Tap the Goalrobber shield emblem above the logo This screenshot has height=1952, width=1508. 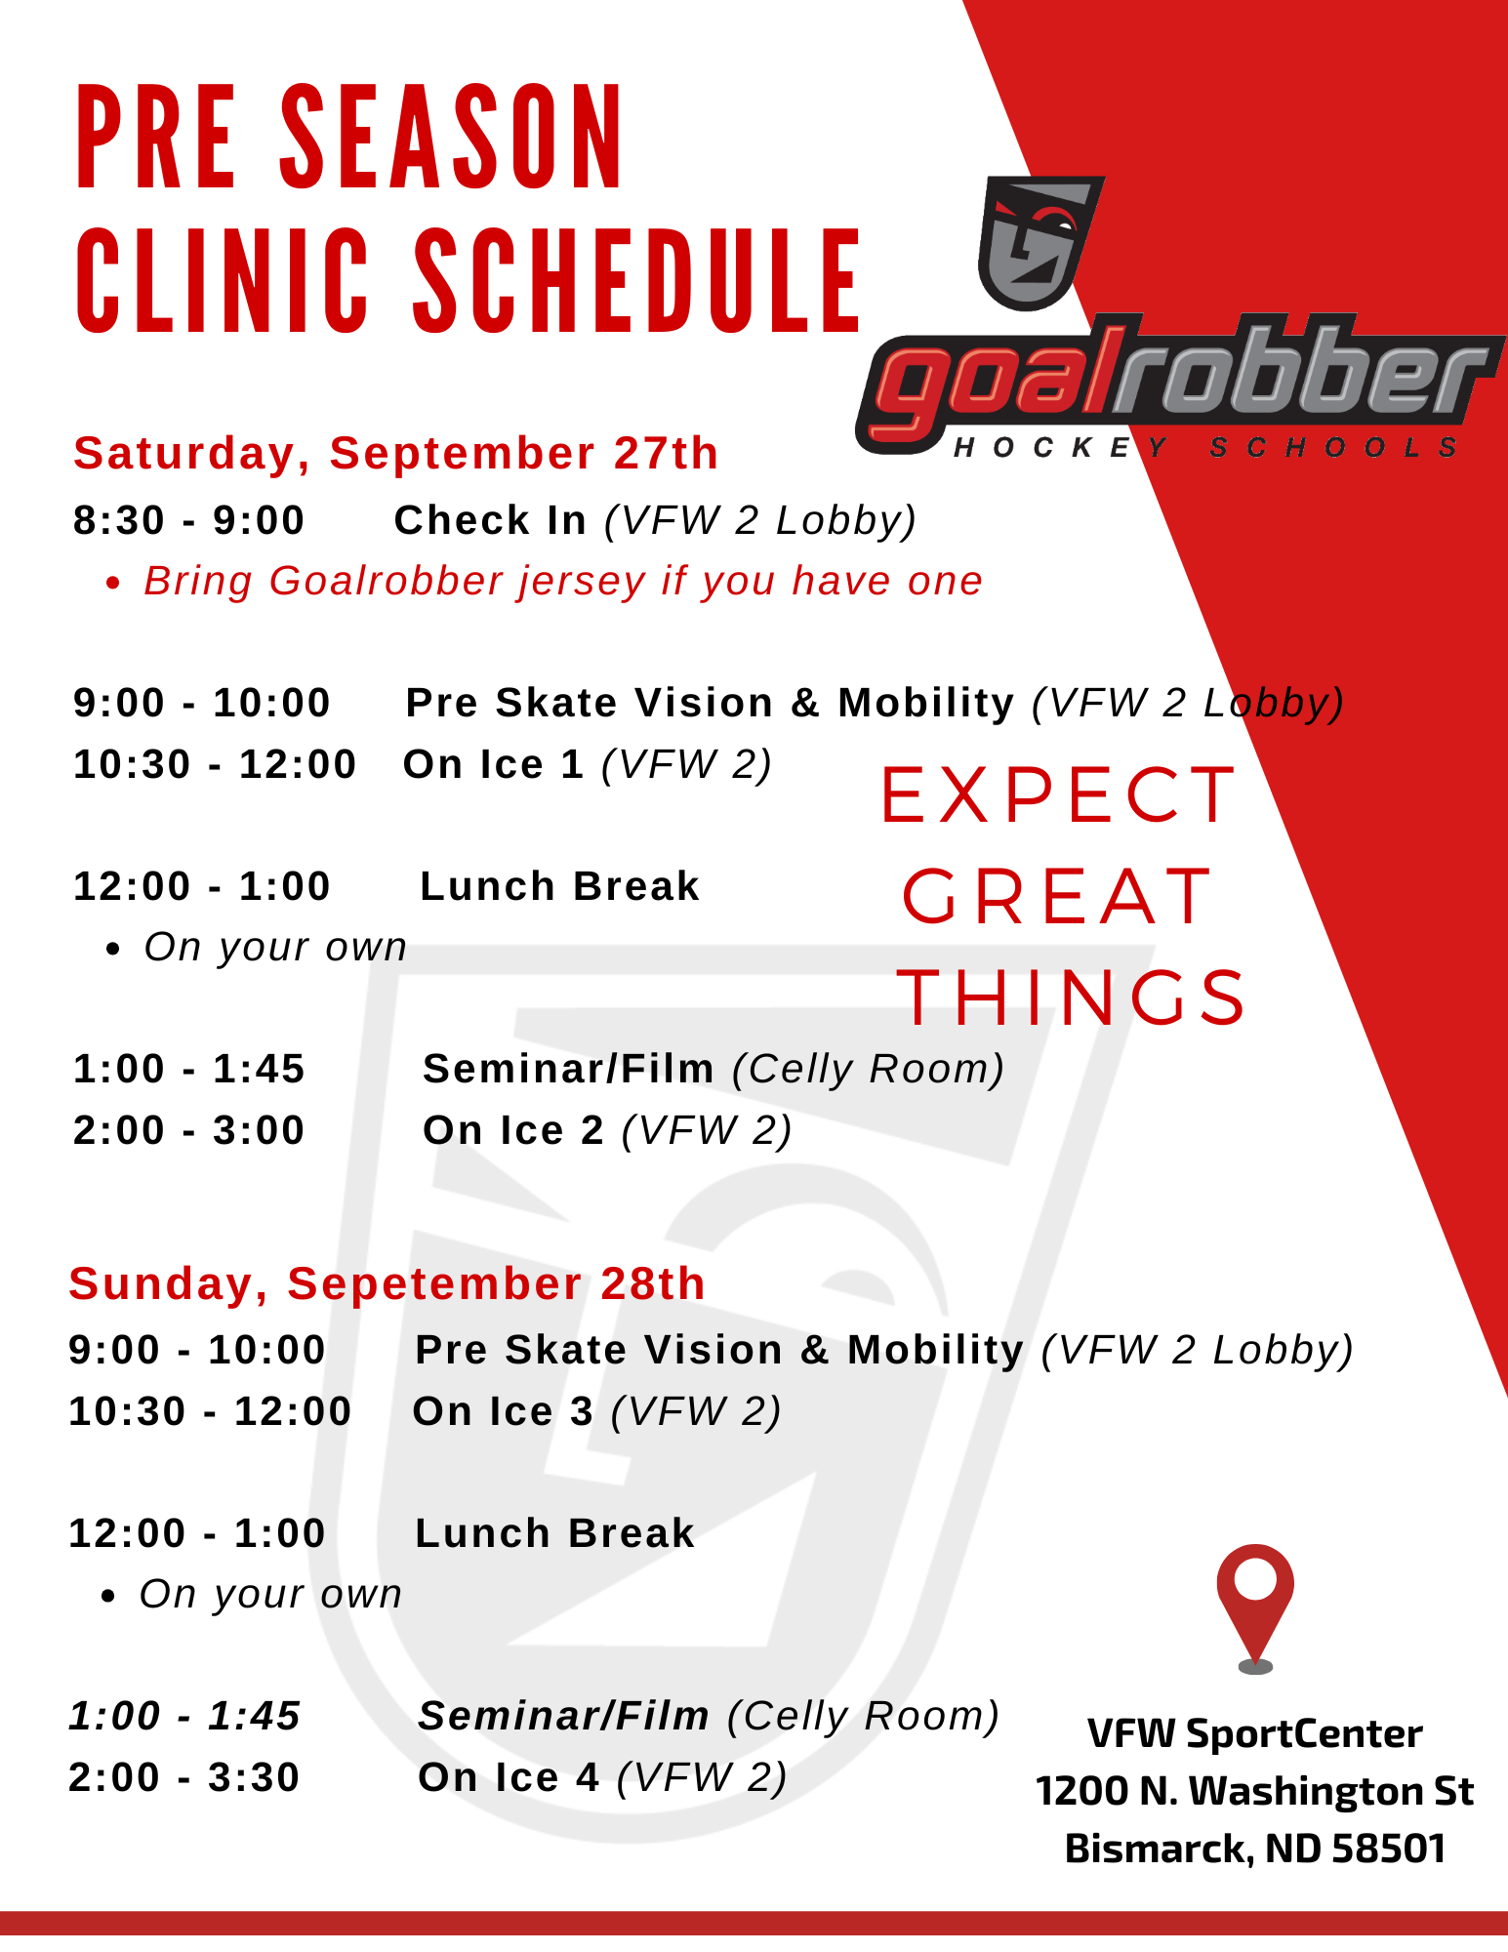(x=1039, y=243)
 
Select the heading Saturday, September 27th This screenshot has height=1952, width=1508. (x=396, y=454)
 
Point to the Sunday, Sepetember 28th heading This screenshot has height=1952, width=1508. (x=387, y=1283)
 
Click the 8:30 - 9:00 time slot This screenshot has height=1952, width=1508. (x=189, y=520)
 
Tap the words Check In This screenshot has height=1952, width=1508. (x=490, y=520)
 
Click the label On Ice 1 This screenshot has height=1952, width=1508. (x=493, y=764)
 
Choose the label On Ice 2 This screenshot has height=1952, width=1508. (x=513, y=1130)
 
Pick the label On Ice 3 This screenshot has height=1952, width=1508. (x=503, y=1411)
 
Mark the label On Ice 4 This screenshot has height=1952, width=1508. (x=509, y=1777)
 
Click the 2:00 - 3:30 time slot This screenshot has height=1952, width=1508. (x=184, y=1777)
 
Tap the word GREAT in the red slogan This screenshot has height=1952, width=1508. (x=1058, y=897)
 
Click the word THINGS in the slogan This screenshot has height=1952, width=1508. (x=1072, y=997)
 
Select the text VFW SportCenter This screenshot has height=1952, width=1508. (x=1255, y=1733)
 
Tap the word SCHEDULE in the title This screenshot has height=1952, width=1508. (x=638, y=281)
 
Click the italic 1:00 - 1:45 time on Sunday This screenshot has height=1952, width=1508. (x=184, y=1716)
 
